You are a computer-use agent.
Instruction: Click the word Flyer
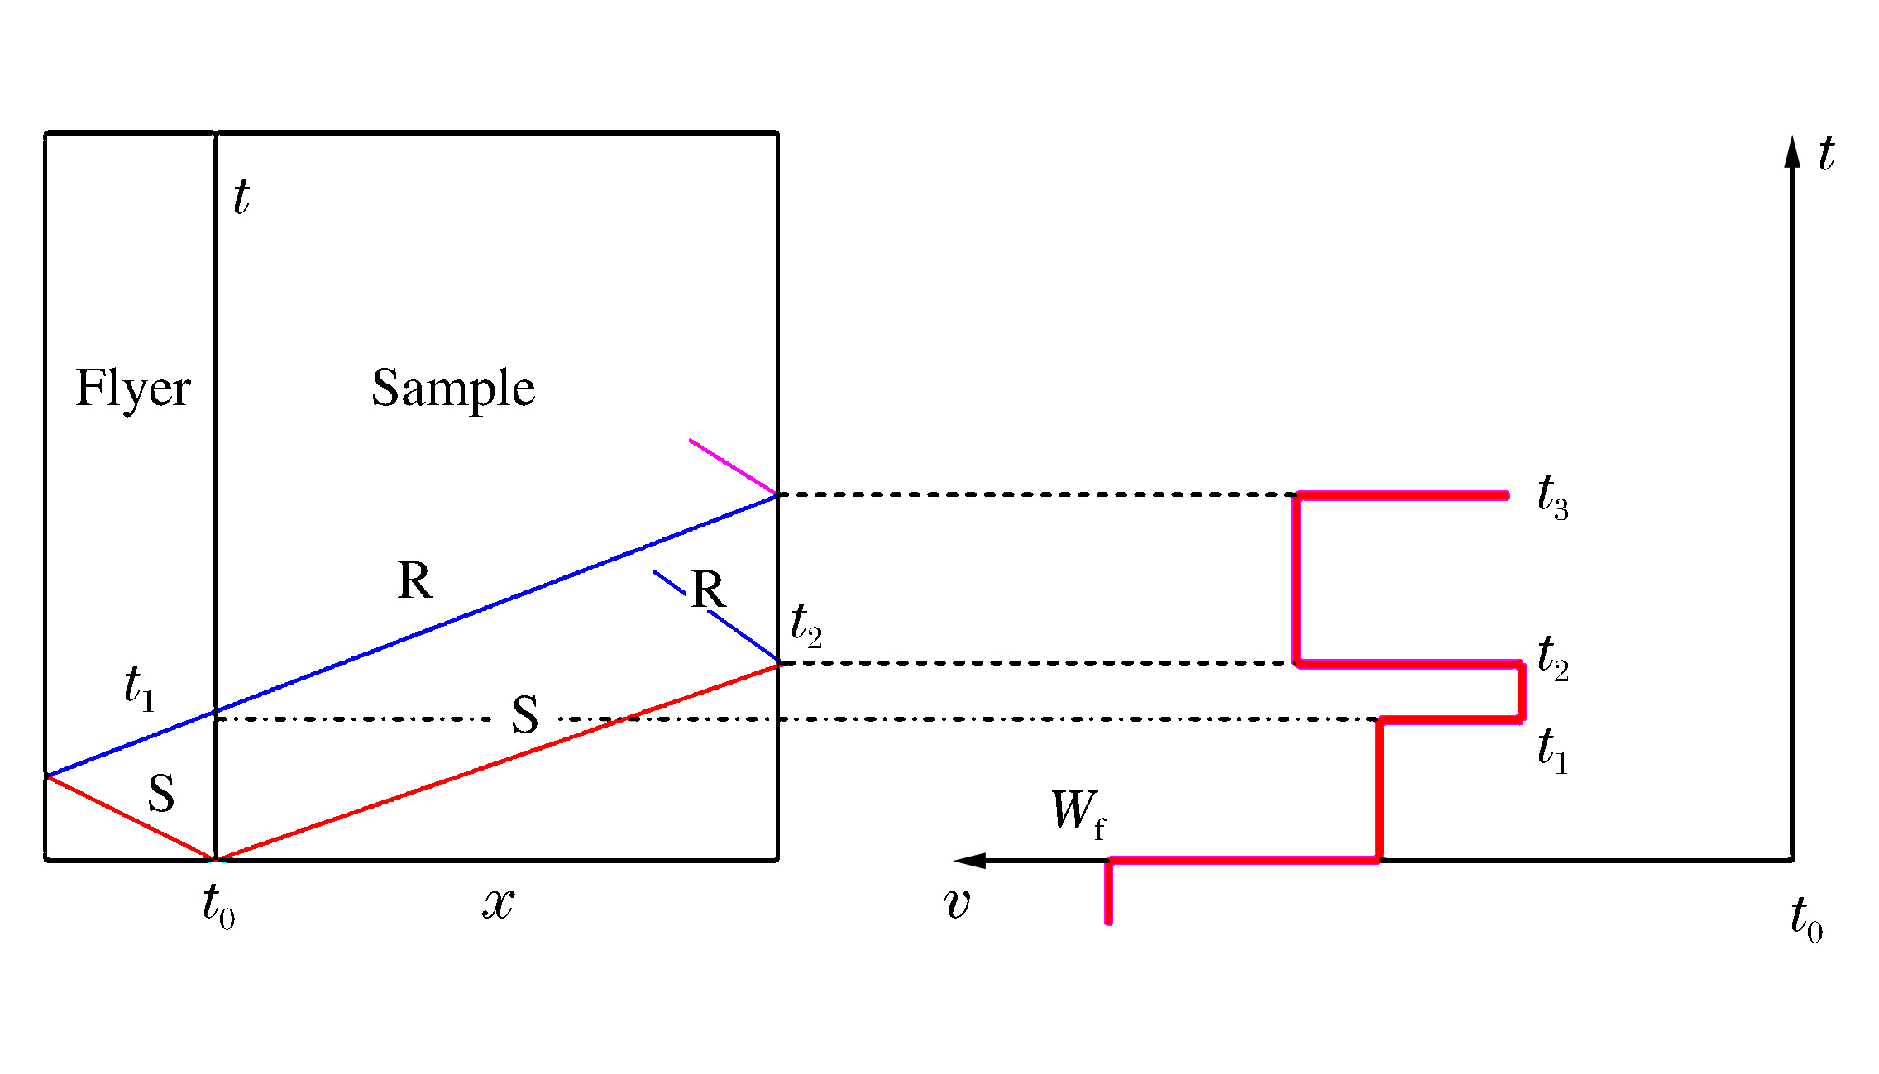pyautogui.click(x=133, y=389)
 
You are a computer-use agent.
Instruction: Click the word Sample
pyautogui.click(x=453, y=389)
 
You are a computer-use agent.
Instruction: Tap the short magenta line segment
pyautogui.click(x=732, y=466)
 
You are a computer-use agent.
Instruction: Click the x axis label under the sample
pyautogui.click(x=498, y=904)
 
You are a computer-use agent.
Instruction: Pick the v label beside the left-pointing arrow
pyautogui.click(x=957, y=904)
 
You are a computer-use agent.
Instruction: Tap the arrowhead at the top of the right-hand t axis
pyautogui.click(x=1791, y=152)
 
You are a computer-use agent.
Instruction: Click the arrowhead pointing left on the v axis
pyautogui.click(x=969, y=861)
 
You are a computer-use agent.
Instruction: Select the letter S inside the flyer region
pyautogui.click(x=161, y=794)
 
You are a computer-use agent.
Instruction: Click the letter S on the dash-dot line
pyautogui.click(x=525, y=715)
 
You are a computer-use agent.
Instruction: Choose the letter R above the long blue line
pyautogui.click(x=414, y=580)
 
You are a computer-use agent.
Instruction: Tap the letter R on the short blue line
pyautogui.click(x=708, y=590)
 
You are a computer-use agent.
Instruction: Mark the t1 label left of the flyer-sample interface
pyautogui.click(x=139, y=689)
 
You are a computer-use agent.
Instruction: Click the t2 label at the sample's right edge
pyautogui.click(x=806, y=624)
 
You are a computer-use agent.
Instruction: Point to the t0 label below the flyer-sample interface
pyautogui.click(x=218, y=907)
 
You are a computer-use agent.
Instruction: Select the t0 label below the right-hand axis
pyautogui.click(x=1806, y=919)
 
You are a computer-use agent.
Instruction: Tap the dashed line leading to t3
pyautogui.click(x=1034, y=494)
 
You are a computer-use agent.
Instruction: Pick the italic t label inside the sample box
pyautogui.click(x=241, y=198)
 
